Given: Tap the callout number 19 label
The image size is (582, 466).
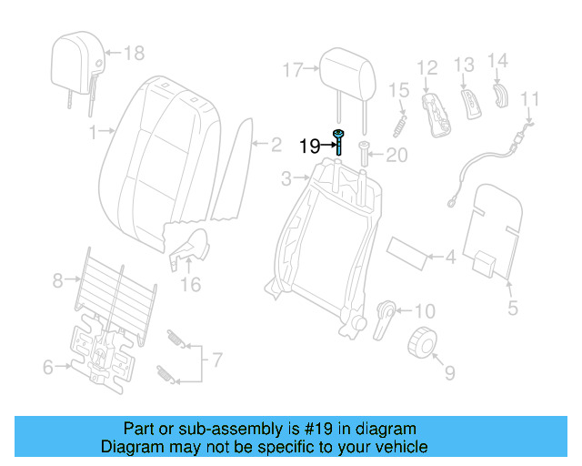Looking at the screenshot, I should coord(309,146).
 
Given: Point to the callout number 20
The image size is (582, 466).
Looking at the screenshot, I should coord(397,157).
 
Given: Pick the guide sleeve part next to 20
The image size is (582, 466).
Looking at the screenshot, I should coord(366,152).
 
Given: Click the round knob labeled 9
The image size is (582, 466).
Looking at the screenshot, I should coord(421,343).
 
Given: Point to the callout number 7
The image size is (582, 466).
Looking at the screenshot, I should coord(216,360).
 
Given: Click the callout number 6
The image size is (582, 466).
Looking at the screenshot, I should coord(48,368).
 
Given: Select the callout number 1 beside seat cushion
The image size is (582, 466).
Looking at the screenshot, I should coord(93,132).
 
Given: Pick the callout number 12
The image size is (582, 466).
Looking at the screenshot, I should coord(427,66).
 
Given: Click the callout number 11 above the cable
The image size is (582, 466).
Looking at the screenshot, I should coord(530,98).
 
